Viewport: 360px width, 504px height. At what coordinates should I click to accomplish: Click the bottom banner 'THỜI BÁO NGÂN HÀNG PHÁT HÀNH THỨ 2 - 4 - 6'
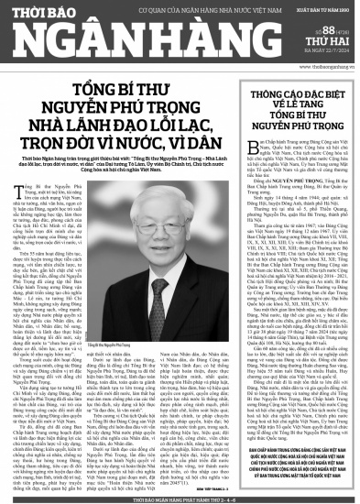[180, 498]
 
